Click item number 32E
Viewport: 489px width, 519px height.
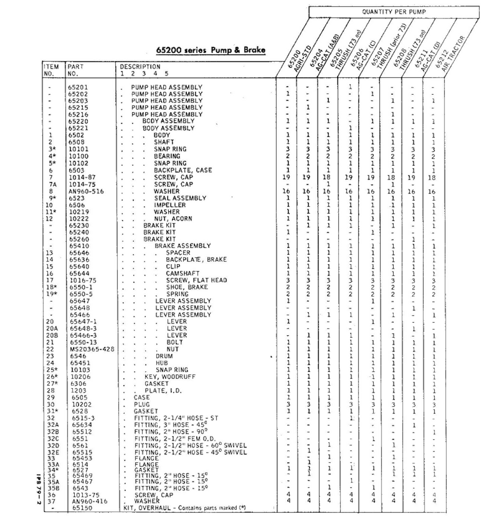[51, 452]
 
